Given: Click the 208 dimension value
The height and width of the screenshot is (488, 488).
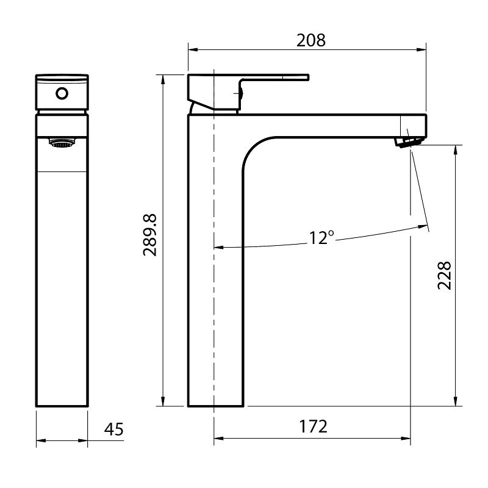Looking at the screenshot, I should coord(311,40).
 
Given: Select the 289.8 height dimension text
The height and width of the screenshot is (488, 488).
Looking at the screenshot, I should coord(150,235).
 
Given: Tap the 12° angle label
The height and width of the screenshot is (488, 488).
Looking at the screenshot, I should coord(321,237).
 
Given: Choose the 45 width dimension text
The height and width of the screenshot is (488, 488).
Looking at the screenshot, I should coord(114,429).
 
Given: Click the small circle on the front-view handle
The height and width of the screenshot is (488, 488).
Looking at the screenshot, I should coord(61,93).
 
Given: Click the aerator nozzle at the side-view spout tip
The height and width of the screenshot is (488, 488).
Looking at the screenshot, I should coord(407,141).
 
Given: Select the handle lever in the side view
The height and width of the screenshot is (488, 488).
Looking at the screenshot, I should coord(274,78).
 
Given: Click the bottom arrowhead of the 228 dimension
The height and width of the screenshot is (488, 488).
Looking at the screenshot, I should coord(455,402).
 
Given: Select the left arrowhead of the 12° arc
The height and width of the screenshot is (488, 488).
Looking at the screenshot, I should coord(218,248).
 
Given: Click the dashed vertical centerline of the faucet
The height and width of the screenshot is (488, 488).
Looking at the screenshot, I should coord(214,274).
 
